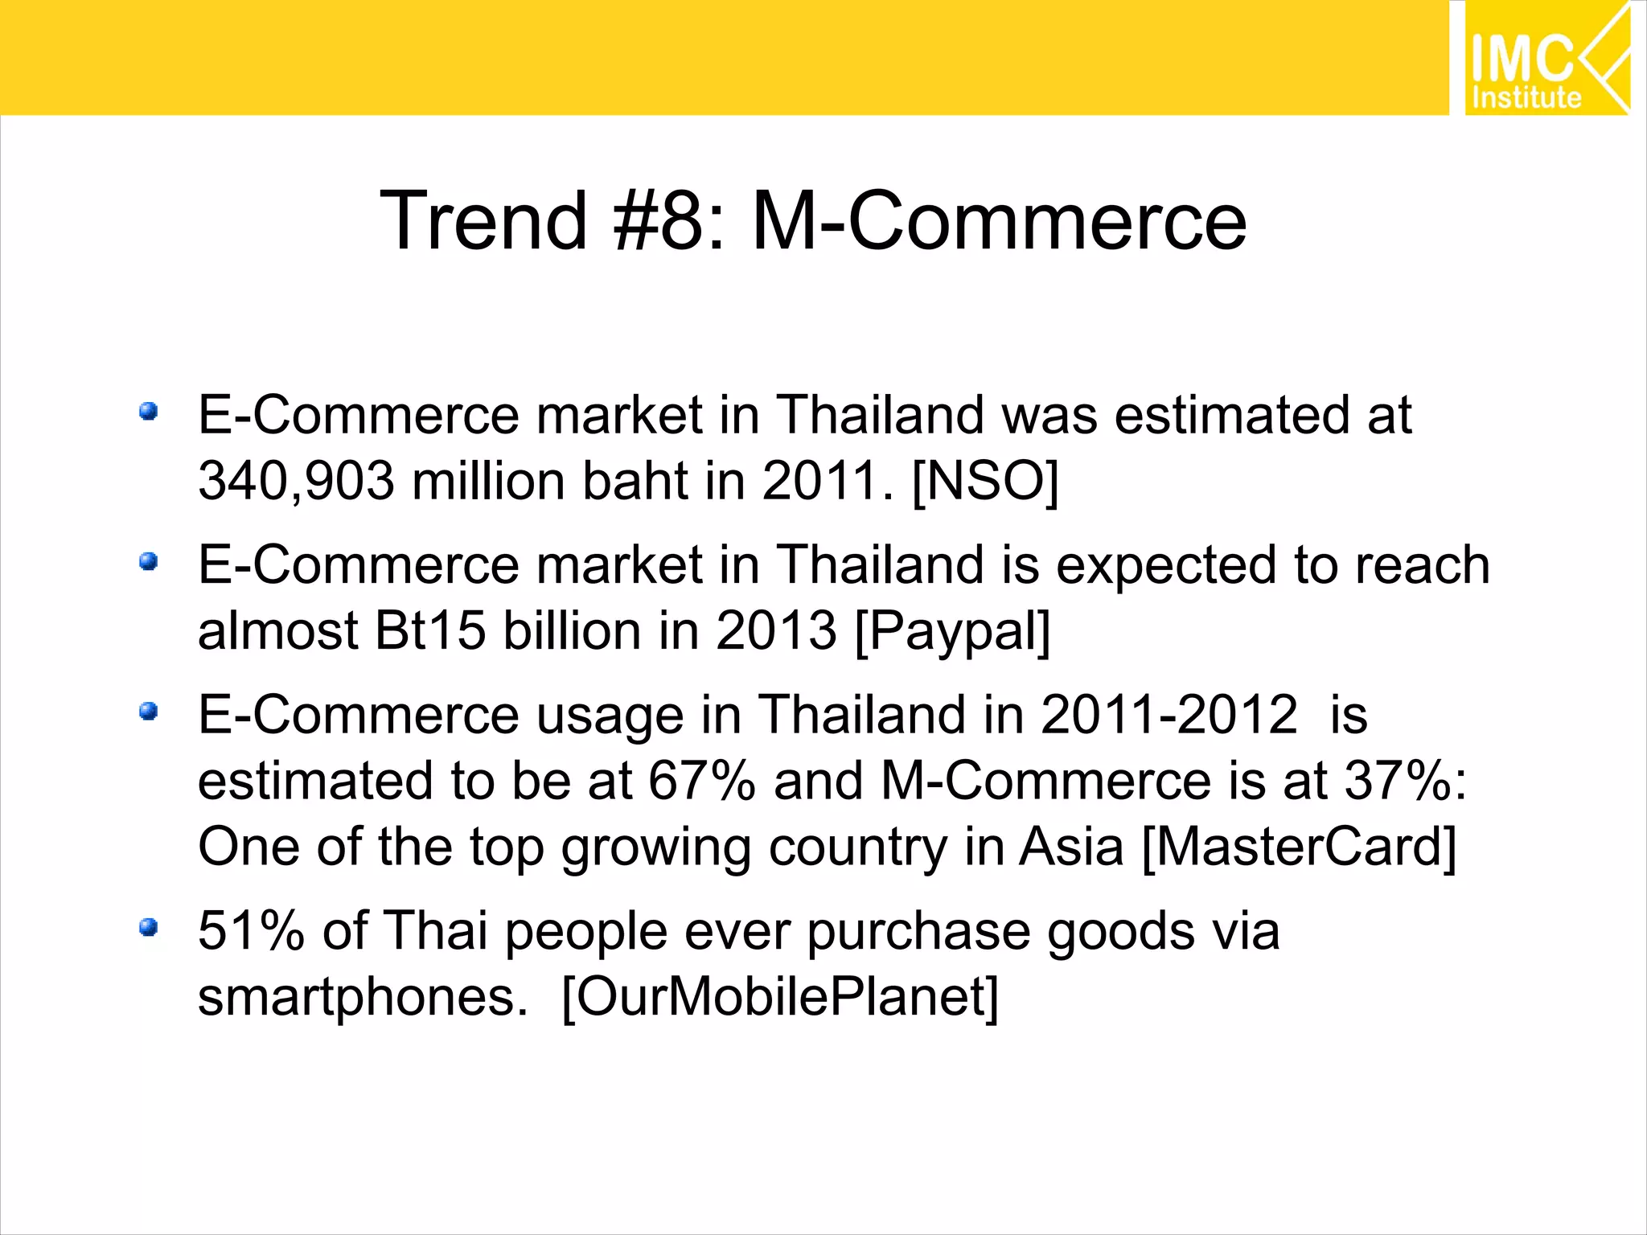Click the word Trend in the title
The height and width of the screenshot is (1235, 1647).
483,221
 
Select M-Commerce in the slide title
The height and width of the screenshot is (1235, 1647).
998,221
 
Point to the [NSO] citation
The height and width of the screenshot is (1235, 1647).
985,482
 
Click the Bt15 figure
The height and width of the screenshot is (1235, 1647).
430,630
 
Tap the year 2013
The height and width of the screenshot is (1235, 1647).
776,630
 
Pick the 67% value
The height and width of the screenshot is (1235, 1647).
702,781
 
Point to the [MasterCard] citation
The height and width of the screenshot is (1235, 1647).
1299,847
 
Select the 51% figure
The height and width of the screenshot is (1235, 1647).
251,931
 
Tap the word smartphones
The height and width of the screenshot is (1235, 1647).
362,998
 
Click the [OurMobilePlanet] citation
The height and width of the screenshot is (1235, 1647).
779,998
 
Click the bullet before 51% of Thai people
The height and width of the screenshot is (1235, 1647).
148,929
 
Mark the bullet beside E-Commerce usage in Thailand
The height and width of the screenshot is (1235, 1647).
148,712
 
